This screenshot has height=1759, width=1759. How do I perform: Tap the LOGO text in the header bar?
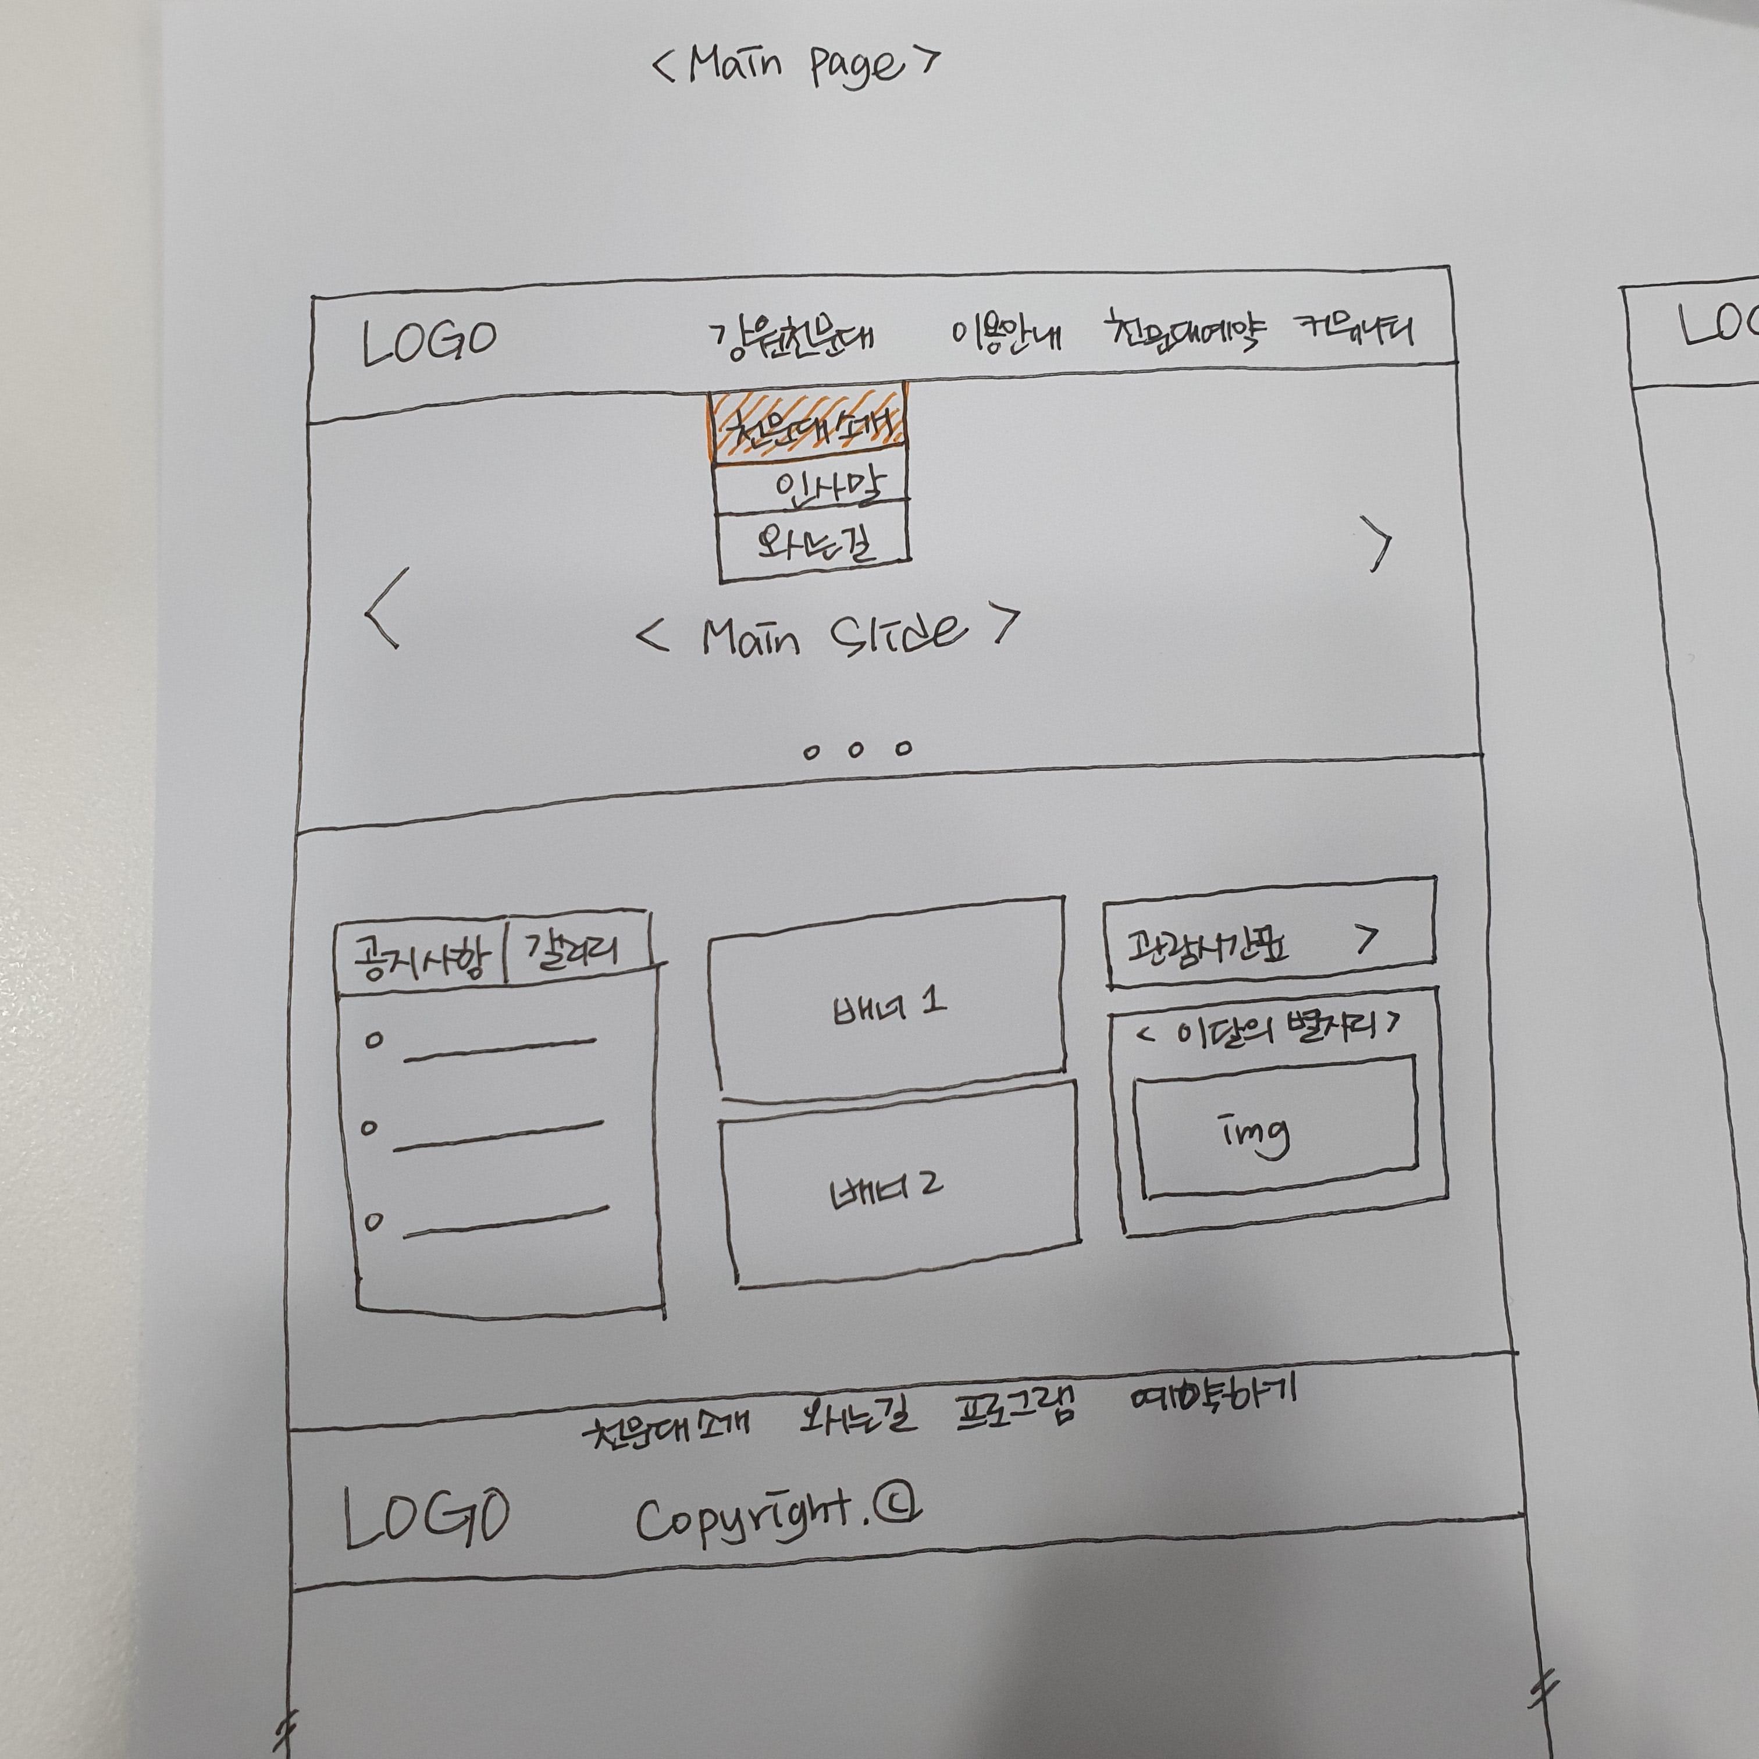click(x=429, y=343)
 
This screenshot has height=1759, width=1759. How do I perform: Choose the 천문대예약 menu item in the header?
click(x=1183, y=334)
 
